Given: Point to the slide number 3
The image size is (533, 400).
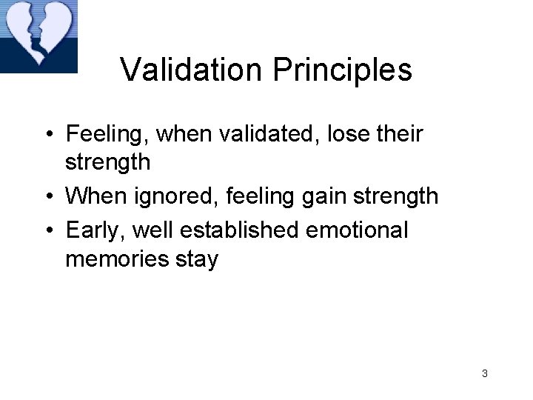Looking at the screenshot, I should coord(484,373).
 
